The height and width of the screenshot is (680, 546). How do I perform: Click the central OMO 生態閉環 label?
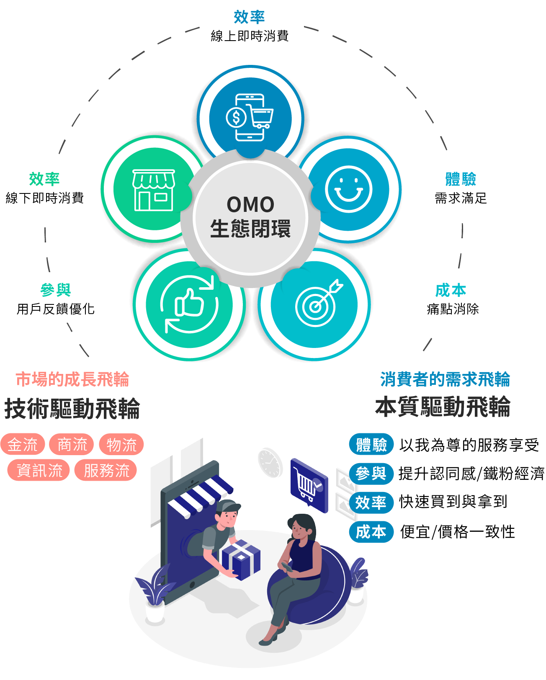[x=250, y=217]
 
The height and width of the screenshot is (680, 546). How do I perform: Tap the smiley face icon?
[x=349, y=189]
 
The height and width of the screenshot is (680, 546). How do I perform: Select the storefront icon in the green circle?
[x=153, y=190]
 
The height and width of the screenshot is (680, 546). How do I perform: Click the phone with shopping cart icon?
[x=250, y=118]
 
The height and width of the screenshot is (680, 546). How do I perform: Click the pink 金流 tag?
[x=23, y=444]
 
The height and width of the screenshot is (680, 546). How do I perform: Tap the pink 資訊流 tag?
[x=39, y=470]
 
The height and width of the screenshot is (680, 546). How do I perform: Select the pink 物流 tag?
[x=121, y=444]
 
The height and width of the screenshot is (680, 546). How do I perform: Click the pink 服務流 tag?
[x=106, y=470]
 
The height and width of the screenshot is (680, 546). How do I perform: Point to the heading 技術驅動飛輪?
[x=72, y=409]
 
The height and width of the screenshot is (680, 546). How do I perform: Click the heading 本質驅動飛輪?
[x=443, y=407]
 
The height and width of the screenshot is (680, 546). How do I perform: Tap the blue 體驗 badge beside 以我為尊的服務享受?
[x=371, y=445]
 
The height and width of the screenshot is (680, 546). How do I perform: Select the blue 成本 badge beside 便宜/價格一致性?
[x=371, y=532]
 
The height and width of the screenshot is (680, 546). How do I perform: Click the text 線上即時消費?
[x=250, y=36]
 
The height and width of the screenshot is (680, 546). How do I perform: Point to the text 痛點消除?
[x=453, y=309]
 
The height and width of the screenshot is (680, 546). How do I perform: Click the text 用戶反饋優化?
[x=55, y=309]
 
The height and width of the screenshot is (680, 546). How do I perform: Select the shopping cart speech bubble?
[x=309, y=485]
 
